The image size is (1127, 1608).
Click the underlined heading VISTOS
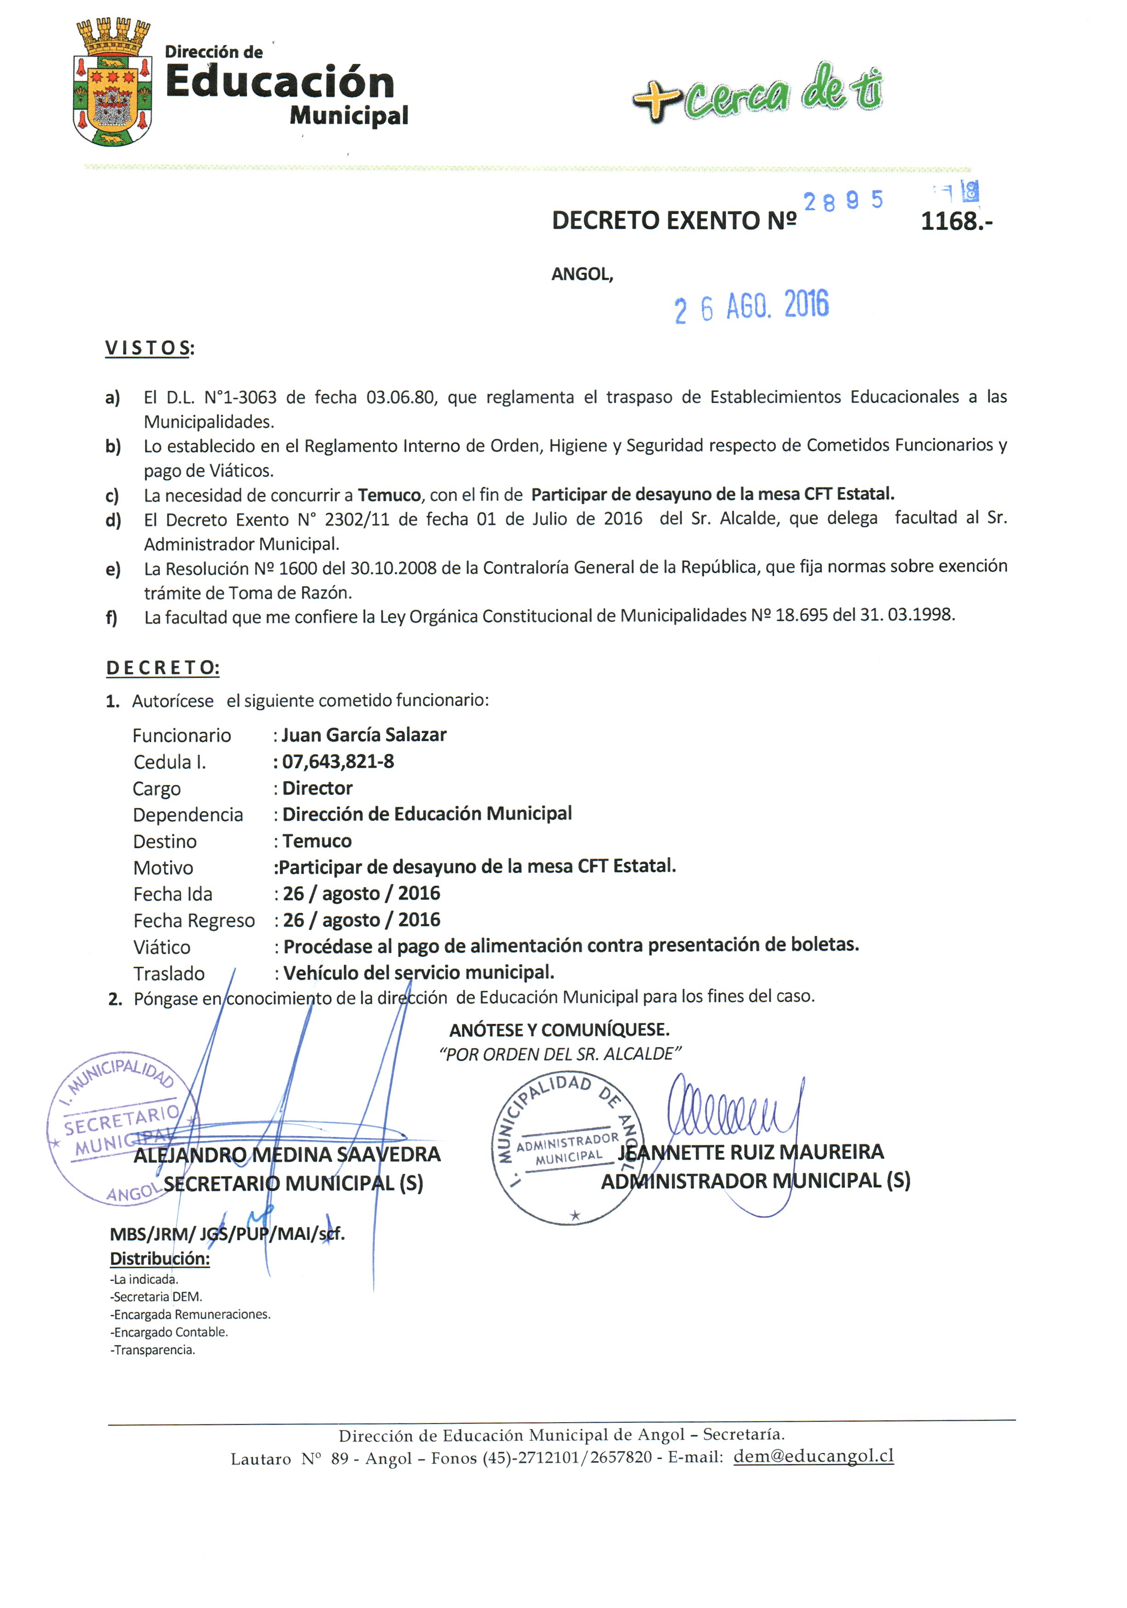149,348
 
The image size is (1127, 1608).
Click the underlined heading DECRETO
162,667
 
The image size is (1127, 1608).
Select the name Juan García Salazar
363,735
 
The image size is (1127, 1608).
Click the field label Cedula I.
170,762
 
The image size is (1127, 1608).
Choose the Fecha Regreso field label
194,920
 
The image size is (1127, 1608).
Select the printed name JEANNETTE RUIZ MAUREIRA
751,1152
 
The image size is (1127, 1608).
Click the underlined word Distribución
159,1258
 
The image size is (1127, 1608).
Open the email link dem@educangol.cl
814,1456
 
